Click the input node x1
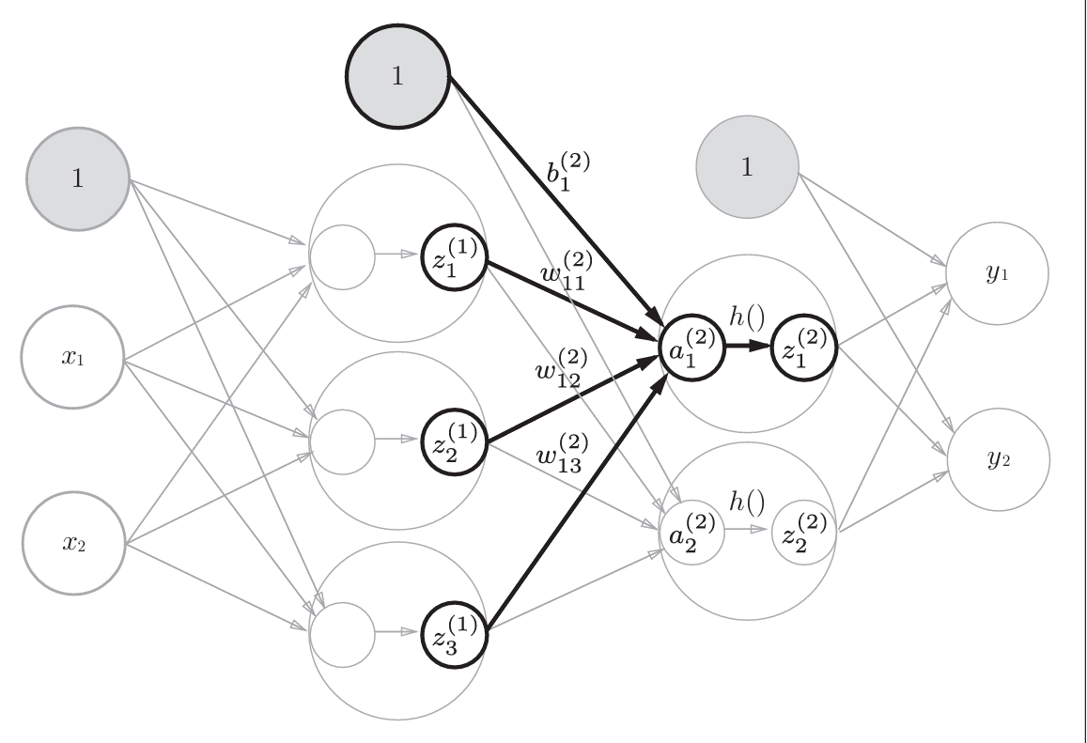click(72, 357)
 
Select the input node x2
click(74, 543)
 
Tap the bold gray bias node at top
click(397, 76)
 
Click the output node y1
click(997, 273)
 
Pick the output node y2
click(999, 459)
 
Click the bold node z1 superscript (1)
click(455, 257)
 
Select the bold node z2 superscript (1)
click(455, 441)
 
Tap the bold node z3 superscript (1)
click(455, 634)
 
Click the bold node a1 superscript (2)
click(692, 348)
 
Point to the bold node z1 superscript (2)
click(804, 348)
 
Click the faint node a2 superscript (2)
click(691, 533)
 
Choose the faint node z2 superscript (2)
click(804, 533)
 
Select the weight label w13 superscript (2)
click(562, 453)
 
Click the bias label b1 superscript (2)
click(568, 172)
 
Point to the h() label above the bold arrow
click(747, 317)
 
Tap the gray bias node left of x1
click(78, 178)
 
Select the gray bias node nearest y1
click(747, 167)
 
